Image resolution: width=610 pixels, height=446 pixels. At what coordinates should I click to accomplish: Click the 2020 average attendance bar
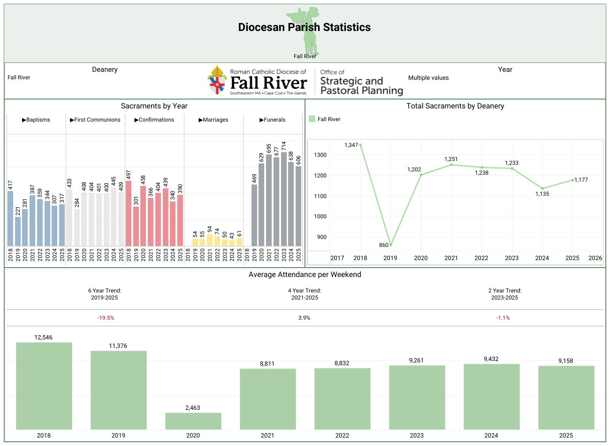[193, 421]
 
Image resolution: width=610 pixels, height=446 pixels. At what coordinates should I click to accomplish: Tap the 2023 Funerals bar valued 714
[284, 199]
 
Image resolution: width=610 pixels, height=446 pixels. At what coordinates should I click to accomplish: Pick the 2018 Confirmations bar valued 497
[129, 214]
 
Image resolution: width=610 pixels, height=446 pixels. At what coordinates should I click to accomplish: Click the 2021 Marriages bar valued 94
[210, 240]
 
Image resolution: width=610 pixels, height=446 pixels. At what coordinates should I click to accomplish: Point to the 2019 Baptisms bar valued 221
[18, 231]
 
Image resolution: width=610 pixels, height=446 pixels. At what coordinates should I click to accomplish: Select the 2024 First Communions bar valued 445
[114, 217]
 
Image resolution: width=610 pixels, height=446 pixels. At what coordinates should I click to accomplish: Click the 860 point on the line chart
[390, 245]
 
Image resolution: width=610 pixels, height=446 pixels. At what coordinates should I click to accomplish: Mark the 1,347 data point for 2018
[360, 145]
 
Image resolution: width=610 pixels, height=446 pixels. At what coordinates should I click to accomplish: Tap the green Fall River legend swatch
[312, 119]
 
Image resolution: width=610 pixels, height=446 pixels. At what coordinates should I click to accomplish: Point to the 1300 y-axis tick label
[321, 155]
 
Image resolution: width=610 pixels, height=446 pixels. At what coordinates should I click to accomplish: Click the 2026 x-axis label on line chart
[595, 258]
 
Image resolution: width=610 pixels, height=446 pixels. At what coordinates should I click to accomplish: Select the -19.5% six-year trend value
[106, 318]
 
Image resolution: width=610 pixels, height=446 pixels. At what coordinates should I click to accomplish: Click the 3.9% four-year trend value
[304, 318]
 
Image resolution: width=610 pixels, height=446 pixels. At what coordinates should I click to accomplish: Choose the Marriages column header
[213, 120]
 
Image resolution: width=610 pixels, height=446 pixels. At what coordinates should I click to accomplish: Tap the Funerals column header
[273, 120]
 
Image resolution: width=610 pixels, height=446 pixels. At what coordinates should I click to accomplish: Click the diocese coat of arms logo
[217, 80]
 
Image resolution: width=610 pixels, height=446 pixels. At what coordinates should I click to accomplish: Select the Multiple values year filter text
[428, 78]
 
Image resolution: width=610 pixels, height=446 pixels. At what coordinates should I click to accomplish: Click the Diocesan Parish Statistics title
[304, 27]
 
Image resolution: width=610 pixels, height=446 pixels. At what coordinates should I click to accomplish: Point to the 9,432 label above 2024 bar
[491, 359]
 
